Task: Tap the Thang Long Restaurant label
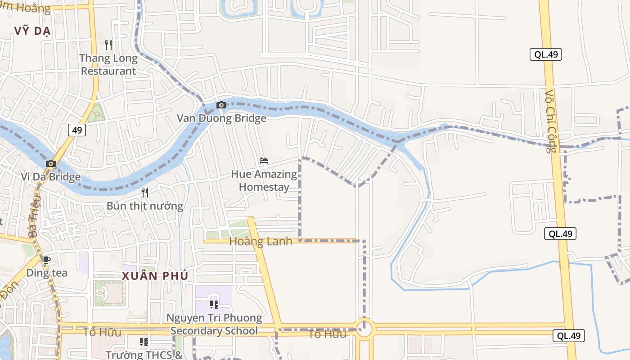(x=108, y=64)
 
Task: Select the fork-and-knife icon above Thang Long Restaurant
(x=108, y=45)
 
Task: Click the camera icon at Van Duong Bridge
(x=221, y=105)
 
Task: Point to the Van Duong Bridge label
(x=221, y=118)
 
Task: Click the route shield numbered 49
(x=77, y=130)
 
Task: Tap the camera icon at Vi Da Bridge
(x=51, y=163)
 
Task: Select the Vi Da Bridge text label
(x=50, y=176)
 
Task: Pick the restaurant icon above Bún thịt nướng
(x=145, y=193)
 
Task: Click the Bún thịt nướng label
(x=145, y=206)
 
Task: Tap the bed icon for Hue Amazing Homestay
(x=264, y=161)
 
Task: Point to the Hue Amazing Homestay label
(x=264, y=180)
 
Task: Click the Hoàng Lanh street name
(x=261, y=242)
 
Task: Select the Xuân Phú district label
(x=155, y=276)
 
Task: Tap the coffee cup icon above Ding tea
(x=46, y=260)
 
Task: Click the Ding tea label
(x=47, y=273)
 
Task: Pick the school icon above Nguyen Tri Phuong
(x=214, y=305)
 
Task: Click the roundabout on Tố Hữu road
(x=364, y=329)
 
